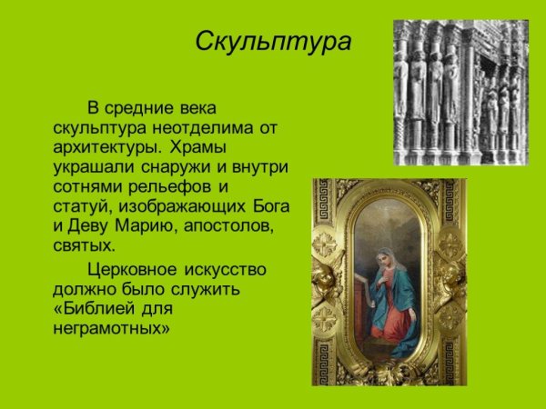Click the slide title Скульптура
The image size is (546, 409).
tap(273, 43)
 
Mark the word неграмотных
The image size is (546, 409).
tap(111, 329)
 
